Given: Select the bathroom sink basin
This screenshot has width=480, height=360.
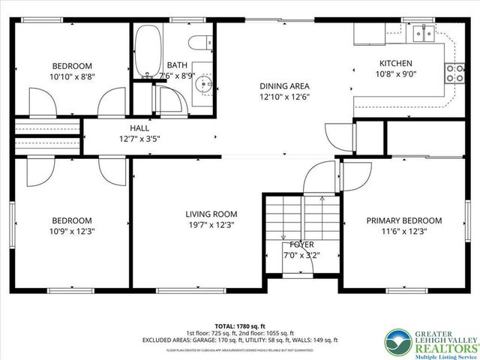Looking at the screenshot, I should coord(200,84).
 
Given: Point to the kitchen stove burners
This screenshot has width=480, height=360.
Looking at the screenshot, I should coord(454,72).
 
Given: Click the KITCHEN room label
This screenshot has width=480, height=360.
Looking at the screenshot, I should coord(395,64).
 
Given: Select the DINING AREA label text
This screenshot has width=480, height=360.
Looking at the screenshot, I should coord(284,86).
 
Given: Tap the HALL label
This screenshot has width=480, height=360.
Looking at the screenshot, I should coord(139,128).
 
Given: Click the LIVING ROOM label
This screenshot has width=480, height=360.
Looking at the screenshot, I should coord(211,214).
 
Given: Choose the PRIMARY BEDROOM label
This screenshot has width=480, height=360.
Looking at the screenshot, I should coord(403,220).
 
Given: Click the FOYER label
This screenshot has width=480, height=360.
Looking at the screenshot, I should coord(302,244).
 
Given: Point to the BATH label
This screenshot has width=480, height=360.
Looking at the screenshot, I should coord(178,64).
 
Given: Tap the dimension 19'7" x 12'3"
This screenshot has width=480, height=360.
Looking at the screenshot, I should coord(211,225).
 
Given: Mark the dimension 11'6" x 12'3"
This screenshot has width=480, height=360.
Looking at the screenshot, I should coord(403,231).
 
